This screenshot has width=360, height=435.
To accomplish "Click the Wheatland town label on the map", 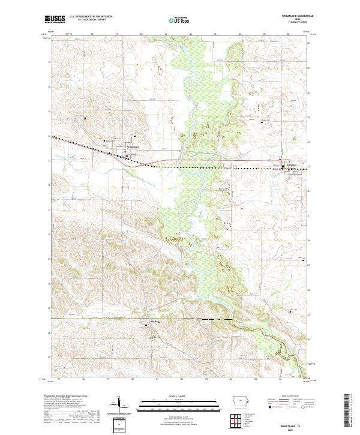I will [132, 147].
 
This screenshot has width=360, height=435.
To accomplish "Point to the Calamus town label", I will [293, 163].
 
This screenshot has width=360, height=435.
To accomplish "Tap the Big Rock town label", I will [154, 322].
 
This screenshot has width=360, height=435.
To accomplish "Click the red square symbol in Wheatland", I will [126, 157].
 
